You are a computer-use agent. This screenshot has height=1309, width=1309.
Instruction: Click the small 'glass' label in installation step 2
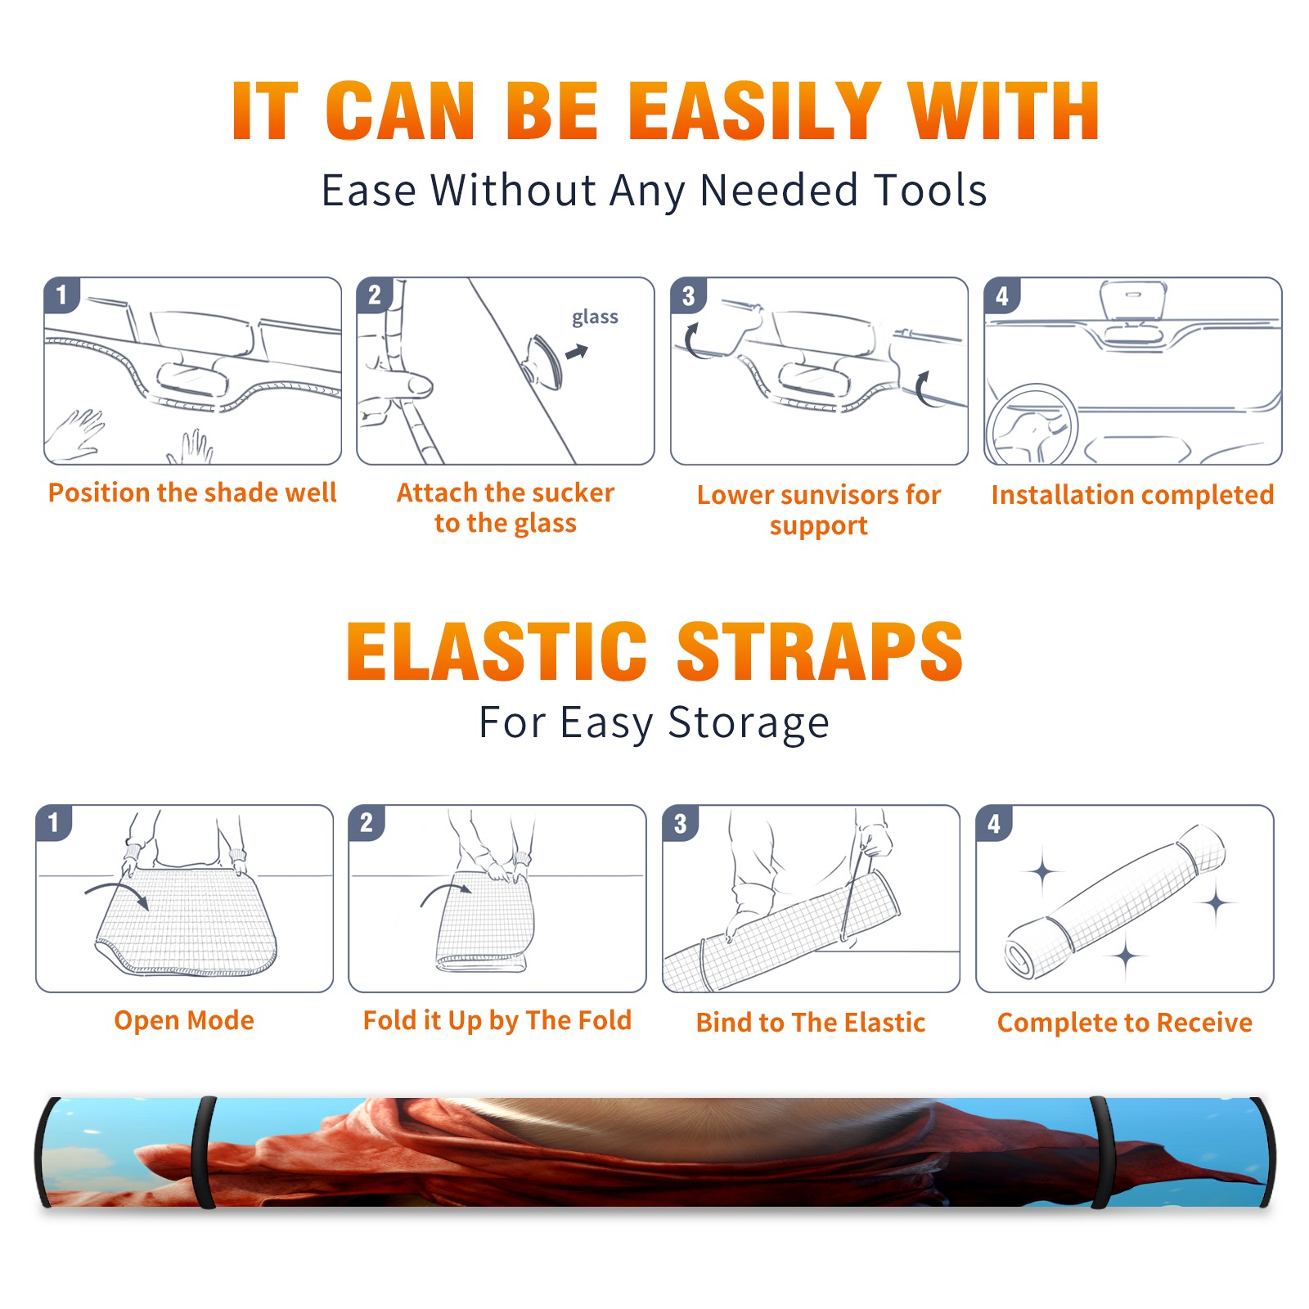point(595,317)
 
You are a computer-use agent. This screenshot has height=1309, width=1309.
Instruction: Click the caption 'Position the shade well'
point(192,493)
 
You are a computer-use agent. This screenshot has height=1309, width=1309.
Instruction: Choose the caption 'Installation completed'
point(1132,495)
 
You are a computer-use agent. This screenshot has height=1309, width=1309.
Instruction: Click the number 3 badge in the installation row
point(689,295)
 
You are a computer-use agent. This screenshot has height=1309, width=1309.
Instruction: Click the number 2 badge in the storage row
point(367,823)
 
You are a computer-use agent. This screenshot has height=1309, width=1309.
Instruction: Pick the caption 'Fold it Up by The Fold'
point(497,1020)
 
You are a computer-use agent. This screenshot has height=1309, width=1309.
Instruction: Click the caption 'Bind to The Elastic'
point(811,1023)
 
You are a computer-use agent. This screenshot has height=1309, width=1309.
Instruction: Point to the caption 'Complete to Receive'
point(1125,1023)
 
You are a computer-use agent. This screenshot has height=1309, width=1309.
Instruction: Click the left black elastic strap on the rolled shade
point(204,1153)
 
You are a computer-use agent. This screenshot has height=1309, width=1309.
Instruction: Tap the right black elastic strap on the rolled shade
point(1101,1153)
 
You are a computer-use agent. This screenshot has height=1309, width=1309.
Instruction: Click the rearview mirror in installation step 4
point(1133,300)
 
